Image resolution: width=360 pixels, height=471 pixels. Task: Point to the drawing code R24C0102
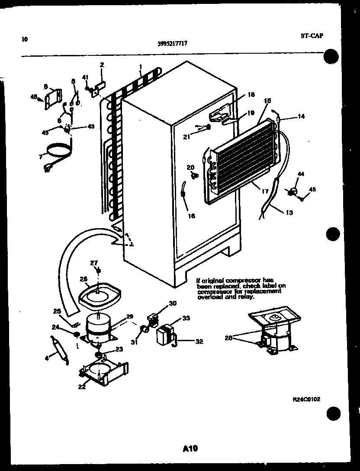306,400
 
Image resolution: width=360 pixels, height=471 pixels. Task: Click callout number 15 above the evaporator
267,101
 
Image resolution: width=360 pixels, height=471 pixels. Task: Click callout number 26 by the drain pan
83,279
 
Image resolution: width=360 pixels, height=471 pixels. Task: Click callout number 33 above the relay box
186,318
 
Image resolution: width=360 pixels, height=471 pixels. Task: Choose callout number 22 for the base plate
82,387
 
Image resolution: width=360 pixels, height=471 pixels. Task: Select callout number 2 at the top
102,65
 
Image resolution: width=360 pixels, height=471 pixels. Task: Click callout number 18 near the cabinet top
252,95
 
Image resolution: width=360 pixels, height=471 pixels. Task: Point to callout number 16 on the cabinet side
192,216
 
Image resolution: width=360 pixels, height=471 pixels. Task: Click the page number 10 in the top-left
24,39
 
